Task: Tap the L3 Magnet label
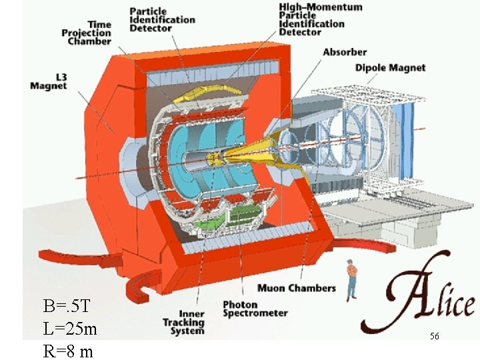(49, 81)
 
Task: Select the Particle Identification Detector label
(162, 20)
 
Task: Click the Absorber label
(344, 52)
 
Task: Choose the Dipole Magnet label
(390, 68)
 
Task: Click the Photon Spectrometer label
(255, 309)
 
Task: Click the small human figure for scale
(351, 277)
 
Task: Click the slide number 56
(434, 337)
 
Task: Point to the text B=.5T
(67, 307)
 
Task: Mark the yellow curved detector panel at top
(195, 98)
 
